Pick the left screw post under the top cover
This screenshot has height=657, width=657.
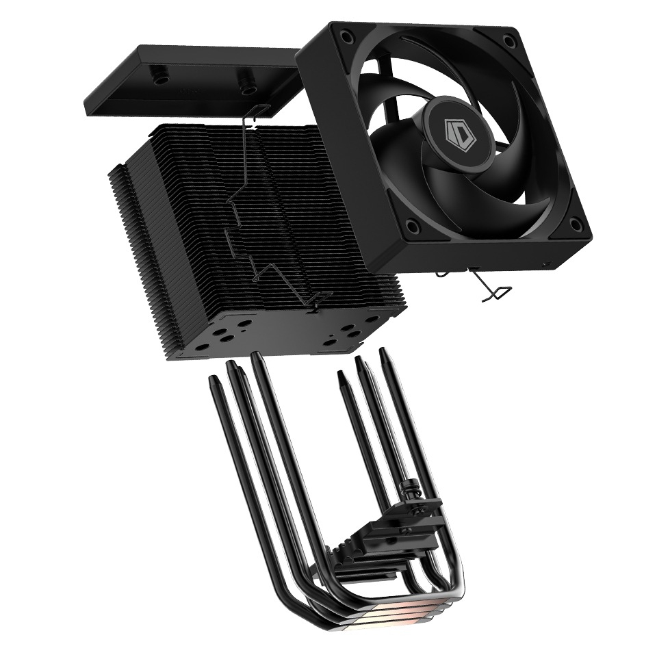162,77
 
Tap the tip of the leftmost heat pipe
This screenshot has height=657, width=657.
213,378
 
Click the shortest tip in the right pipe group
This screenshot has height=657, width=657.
340,374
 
